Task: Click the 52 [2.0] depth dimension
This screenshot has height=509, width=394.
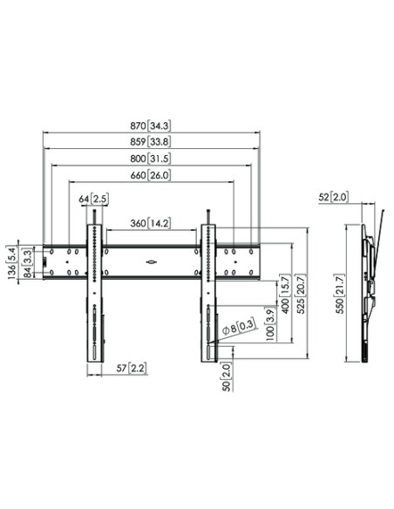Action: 336,198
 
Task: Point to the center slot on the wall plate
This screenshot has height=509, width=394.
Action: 150,259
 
